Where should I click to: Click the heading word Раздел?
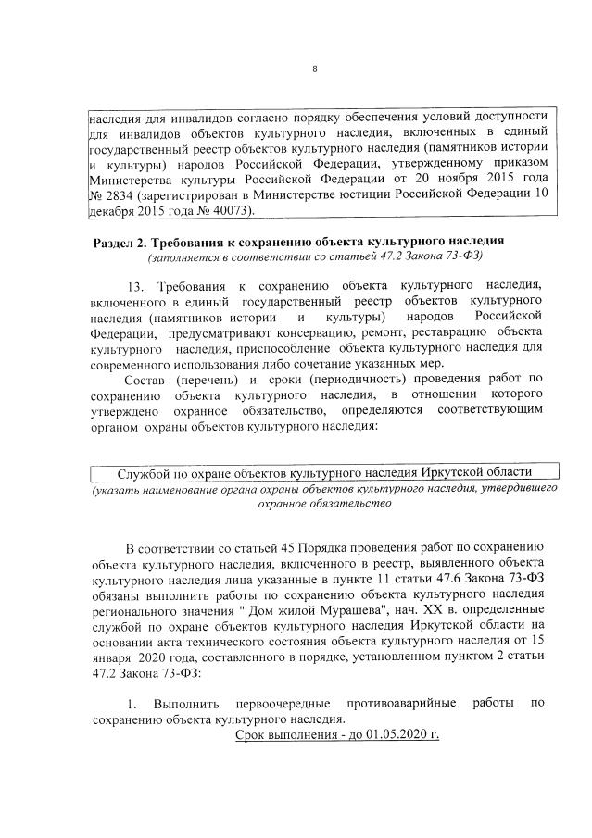[118, 242]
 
